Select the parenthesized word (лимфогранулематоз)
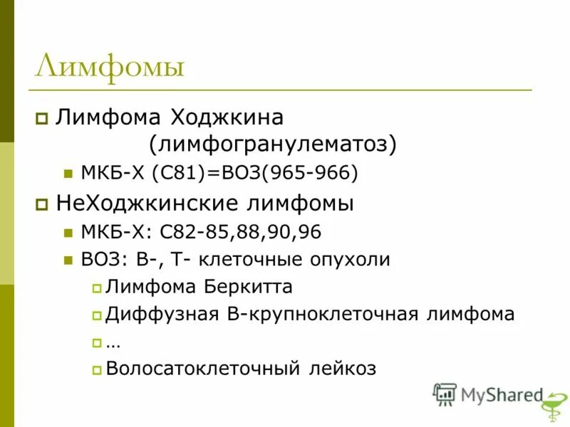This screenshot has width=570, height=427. (x=272, y=144)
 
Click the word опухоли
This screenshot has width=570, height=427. (x=349, y=259)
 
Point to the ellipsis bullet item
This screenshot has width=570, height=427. (x=113, y=343)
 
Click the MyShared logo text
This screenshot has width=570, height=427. (x=502, y=395)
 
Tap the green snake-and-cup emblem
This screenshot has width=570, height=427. (x=550, y=411)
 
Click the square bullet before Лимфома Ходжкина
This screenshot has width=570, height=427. (x=42, y=117)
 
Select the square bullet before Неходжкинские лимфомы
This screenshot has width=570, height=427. (x=42, y=204)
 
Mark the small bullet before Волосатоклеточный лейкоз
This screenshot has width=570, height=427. (x=97, y=369)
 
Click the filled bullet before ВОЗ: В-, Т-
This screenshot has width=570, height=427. (x=68, y=260)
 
